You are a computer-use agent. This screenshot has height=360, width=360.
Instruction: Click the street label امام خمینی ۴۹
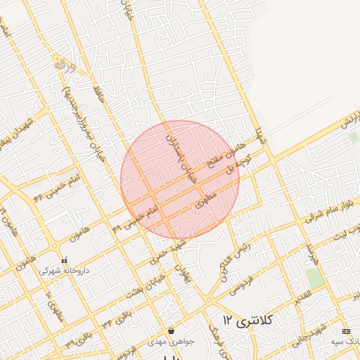tap(136, 215)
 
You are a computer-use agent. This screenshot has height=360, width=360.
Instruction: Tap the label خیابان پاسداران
tap(180, 150)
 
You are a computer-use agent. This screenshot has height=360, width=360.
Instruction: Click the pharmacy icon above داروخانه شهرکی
tap(64, 259)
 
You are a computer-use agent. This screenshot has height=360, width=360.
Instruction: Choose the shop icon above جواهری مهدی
tap(172, 330)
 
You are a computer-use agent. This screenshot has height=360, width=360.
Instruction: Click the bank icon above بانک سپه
tap(345, 330)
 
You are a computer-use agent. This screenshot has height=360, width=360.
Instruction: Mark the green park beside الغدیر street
tap(315, 278)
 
